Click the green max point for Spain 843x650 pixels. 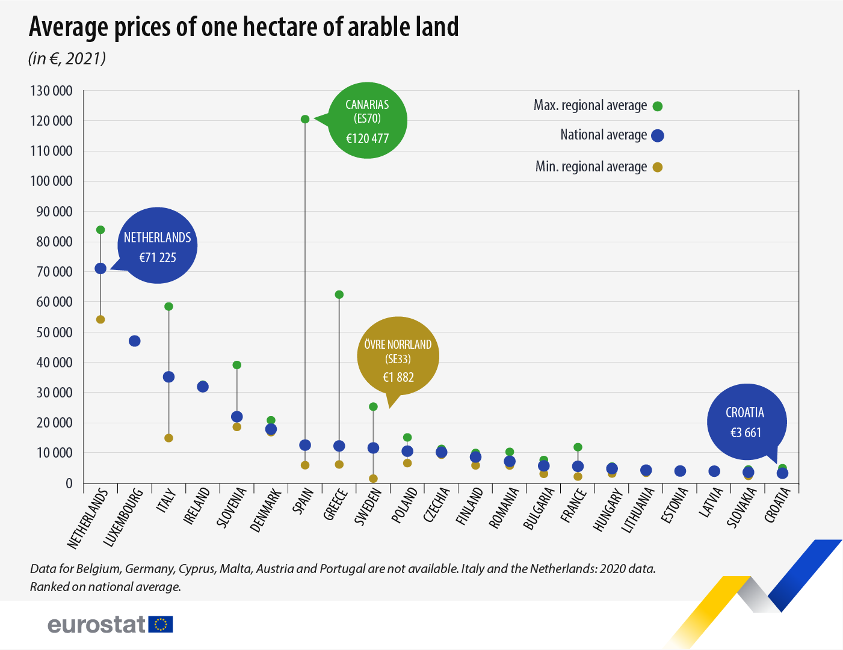305,119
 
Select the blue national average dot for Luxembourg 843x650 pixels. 135,341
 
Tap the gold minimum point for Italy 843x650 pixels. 168,438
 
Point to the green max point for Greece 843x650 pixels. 339,295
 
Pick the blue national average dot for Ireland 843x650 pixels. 203,387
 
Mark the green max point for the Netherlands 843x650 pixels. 100,230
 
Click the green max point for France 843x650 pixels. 578,447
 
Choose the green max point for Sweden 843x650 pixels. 373,406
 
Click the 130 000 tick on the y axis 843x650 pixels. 51,91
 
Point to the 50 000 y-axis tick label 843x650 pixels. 51,333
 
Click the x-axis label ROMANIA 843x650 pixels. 504,508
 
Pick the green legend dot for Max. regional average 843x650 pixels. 658,106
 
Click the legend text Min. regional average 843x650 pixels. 591,167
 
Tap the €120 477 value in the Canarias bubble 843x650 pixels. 367,138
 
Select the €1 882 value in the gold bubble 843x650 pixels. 398,378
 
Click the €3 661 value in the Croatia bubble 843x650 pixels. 746,432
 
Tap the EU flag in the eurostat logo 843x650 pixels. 161,624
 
